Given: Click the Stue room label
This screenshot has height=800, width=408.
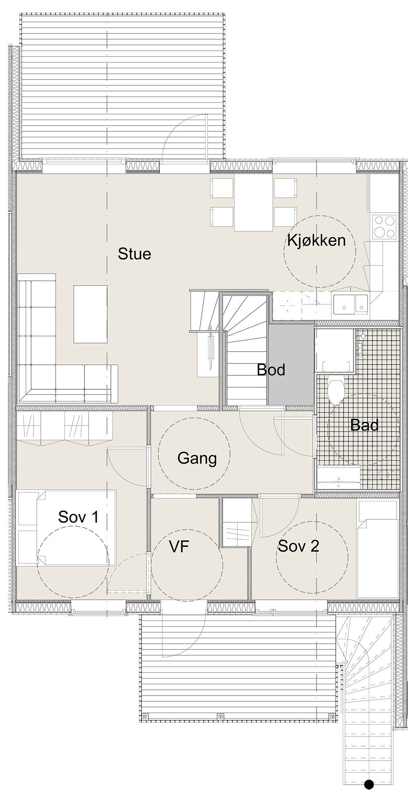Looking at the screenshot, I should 134,254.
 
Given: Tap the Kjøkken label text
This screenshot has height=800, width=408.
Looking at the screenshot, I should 316,240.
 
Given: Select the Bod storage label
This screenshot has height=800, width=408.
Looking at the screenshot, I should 271,370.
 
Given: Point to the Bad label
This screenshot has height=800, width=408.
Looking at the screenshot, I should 364,425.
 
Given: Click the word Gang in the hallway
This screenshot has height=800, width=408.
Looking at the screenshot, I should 197,458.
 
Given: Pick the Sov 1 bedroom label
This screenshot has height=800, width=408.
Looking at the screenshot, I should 78,517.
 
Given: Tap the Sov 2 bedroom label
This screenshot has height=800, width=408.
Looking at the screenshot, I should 298,546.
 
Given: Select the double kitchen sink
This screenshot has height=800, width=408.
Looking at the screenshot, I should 350,304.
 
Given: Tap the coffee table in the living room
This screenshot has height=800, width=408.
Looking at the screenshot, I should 90,314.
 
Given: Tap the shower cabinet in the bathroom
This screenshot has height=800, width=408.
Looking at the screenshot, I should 335,351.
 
